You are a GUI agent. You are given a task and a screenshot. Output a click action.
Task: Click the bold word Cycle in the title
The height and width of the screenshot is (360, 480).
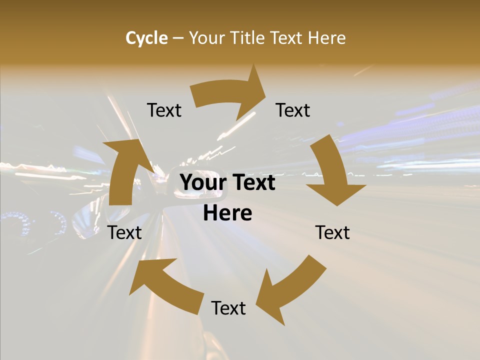(x=146, y=38)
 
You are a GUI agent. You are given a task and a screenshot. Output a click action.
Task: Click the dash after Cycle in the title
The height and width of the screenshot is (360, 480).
(x=178, y=38)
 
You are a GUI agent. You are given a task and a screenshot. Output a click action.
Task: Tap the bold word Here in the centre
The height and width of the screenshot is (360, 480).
(x=227, y=213)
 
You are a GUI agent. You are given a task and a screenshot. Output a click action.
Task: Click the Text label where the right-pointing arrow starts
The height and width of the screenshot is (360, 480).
(x=164, y=110)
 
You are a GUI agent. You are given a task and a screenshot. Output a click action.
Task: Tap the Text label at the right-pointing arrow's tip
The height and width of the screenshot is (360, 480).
(x=293, y=110)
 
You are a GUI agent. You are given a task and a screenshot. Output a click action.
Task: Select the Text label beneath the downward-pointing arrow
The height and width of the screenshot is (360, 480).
(x=332, y=232)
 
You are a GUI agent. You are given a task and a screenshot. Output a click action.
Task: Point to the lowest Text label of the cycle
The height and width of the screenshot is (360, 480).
(x=228, y=308)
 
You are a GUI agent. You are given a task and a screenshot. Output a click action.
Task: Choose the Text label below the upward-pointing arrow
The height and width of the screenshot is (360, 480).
(x=124, y=232)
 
